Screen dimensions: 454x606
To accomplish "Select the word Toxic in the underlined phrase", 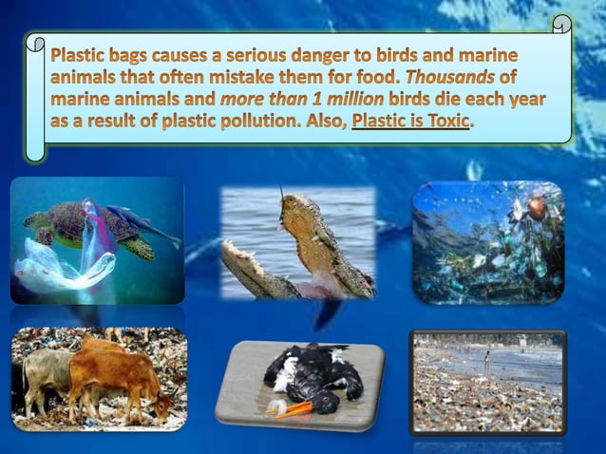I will coord(444,124).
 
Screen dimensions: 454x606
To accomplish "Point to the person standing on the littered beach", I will coord(486,362).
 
